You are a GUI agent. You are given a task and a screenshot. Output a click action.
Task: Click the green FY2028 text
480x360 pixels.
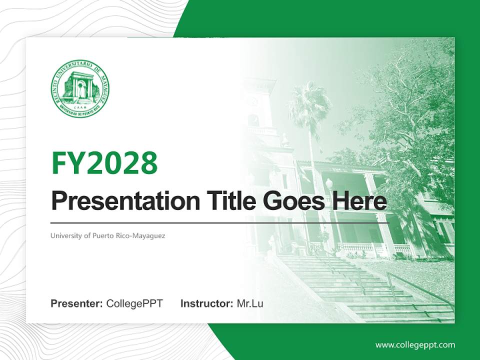click(104, 163)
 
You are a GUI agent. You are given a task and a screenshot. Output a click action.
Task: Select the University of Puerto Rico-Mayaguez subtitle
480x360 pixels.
click(107, 235)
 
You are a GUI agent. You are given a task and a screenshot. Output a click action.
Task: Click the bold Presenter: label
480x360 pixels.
click(77, 303)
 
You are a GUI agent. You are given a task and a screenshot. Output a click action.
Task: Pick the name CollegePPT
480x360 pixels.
click(134, 303)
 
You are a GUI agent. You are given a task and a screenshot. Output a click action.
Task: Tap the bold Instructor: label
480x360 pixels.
click(206, 303)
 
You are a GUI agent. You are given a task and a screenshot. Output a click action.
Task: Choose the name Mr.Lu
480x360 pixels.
click(250, 303)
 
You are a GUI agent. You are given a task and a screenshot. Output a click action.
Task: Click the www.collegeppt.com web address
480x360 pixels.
click(415, 344)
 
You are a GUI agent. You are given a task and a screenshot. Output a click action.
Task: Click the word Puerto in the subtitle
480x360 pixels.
click(102, 235)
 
